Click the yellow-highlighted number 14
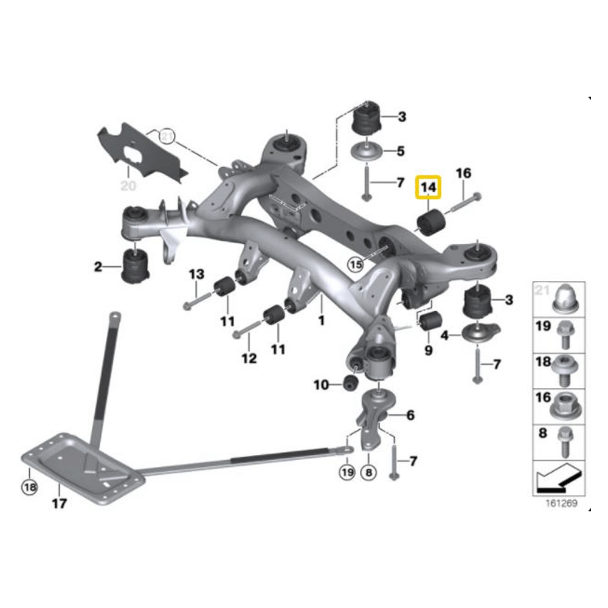(429, 188)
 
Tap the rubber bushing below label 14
(431, 223)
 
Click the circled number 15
(355, 264)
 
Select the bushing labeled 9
(432, 322)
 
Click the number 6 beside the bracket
(410, 415)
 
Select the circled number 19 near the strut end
(347, 471)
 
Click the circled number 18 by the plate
(29, 486)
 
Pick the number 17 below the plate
(58, 503)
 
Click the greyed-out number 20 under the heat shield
(128, 185)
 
